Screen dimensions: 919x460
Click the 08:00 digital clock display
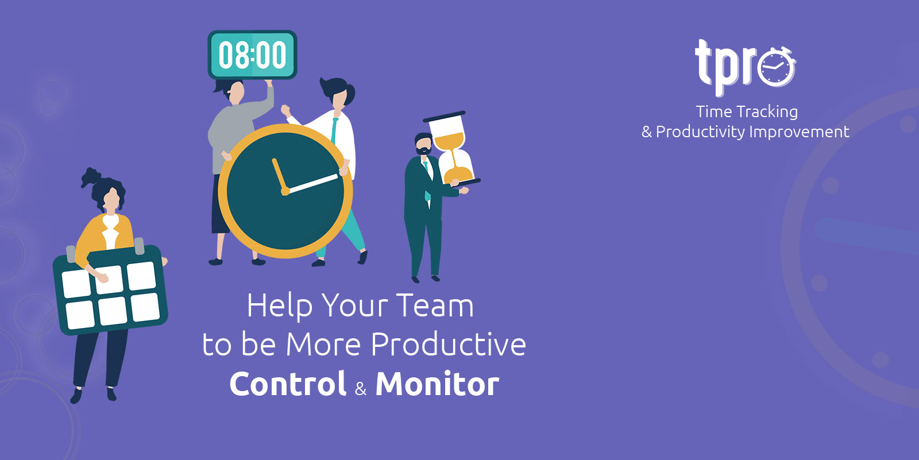252,55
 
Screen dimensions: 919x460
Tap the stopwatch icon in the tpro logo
776,67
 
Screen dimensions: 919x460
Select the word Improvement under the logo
799,132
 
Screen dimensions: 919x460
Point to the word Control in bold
288,384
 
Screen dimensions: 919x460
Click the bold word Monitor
437,384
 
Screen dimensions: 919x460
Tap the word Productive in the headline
448,344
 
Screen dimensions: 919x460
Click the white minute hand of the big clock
312,183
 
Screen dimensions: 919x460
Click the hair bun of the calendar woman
91,177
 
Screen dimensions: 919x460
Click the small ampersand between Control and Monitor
361,388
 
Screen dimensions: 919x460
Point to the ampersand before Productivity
647,132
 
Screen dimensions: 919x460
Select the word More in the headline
323,344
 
